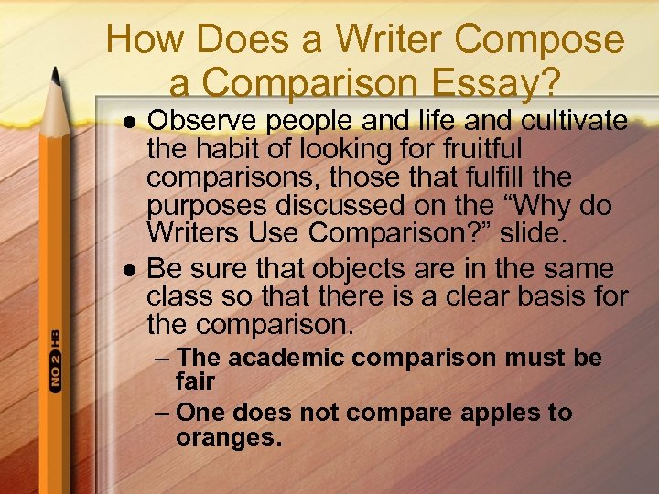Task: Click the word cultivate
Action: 575,121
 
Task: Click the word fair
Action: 196,381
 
